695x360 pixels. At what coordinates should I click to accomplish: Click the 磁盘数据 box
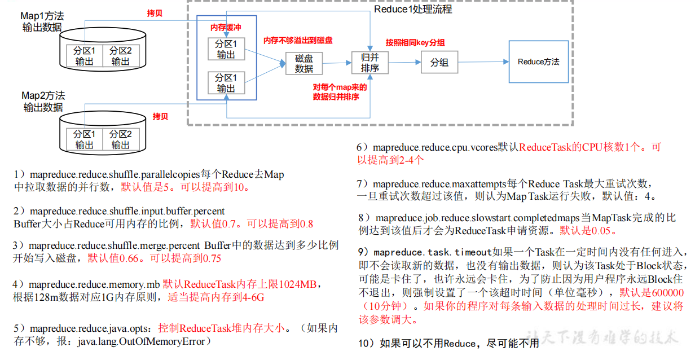point(303,63)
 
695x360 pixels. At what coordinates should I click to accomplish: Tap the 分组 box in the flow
point(439,63)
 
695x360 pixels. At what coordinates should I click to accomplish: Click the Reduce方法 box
point(538,62)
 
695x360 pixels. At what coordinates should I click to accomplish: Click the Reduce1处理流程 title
point(413,9)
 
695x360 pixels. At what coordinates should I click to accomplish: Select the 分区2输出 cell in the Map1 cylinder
point(120,56)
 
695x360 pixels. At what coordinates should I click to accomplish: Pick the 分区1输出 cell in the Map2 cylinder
point(84,139)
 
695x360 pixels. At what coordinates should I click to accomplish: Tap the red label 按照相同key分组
point(415,43)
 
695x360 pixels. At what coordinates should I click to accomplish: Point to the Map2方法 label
point(43,95)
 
